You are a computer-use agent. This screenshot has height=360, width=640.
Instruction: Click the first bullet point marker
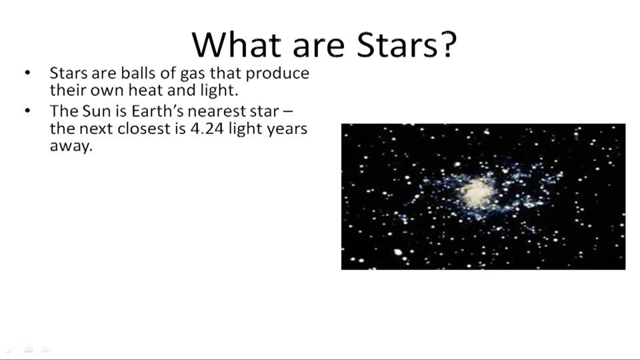[x=27, y=73]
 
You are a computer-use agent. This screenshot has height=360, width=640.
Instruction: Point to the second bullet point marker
[x=27, y=110]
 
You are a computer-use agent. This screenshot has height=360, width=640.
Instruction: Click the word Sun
[x=95, y=110]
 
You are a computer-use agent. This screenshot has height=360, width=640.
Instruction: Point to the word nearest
[x=219, y=111]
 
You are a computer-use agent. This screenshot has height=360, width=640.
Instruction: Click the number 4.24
[x=207, y=129]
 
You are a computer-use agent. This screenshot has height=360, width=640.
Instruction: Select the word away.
[x=70, y=147]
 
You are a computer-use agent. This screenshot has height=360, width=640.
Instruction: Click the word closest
[x=144, y=129]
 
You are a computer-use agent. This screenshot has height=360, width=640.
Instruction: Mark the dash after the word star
[x=287, y=111]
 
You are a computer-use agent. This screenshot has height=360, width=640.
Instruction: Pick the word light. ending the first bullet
[x=215, y=91]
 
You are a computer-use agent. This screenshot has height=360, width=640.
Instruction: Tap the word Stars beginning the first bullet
[x=67, y=73]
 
